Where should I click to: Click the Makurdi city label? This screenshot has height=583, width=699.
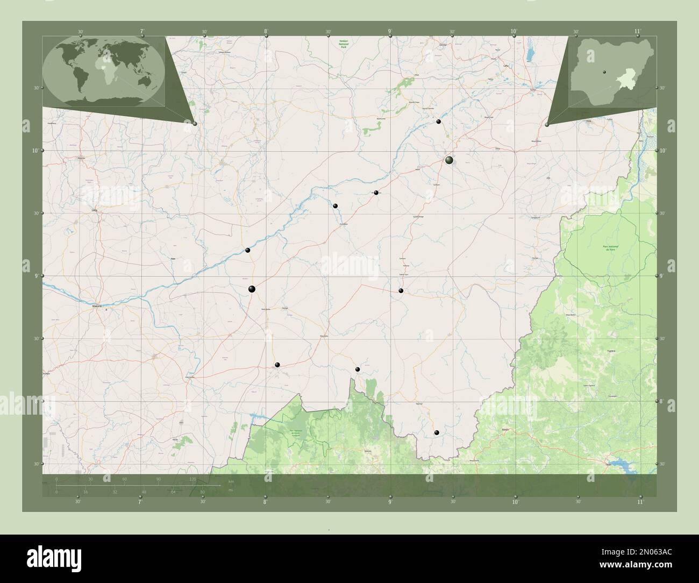(97, 305)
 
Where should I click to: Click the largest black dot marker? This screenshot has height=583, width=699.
(449, 160)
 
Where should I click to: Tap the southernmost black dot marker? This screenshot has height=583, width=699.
(437, 432)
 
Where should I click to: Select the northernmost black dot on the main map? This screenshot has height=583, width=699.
(439, 122)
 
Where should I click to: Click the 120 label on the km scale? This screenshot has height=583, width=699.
(192, 479)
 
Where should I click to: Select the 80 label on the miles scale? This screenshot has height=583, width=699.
(203, 492)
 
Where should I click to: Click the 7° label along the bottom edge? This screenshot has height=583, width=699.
(140, 502)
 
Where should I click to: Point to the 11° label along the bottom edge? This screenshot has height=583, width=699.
(639, 502)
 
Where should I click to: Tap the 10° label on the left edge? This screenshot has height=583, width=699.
(35, 151)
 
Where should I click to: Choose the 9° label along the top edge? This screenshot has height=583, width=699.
(390, 32)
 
